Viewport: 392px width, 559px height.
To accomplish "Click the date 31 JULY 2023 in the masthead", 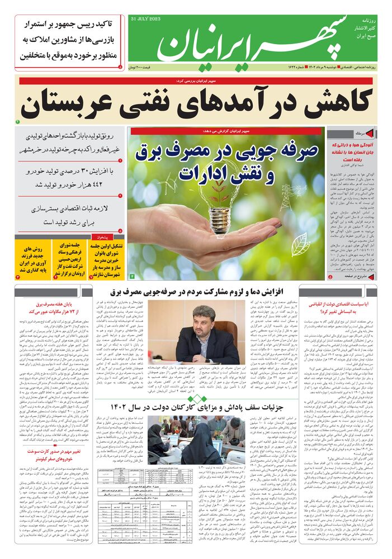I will [145, 19].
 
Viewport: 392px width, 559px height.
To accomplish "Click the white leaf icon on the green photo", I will [300, 245].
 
